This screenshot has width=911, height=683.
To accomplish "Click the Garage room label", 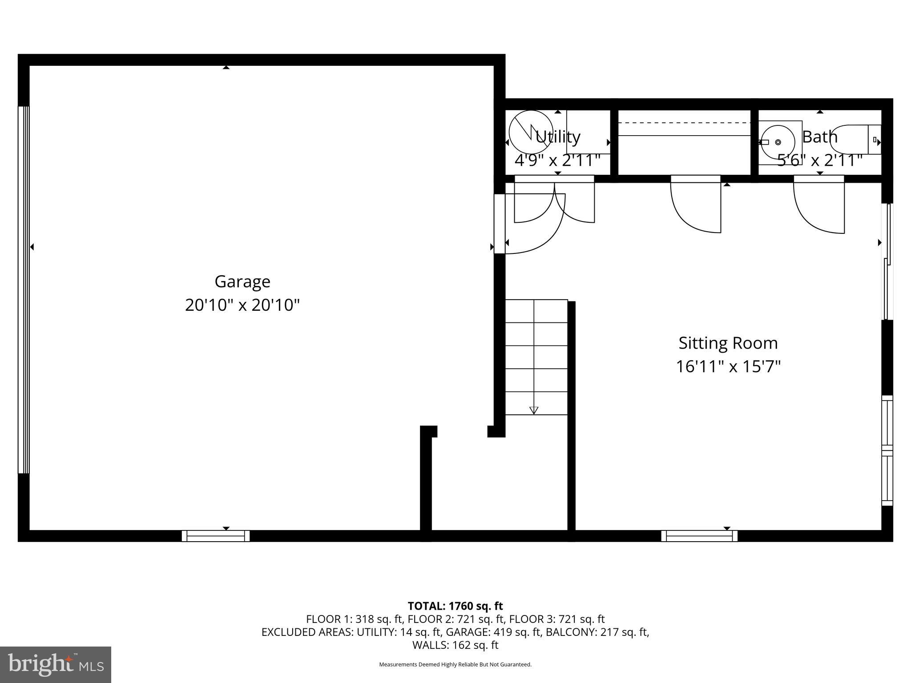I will (x=242, y=281).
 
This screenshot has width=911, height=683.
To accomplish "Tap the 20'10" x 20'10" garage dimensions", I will (x=242, y=305).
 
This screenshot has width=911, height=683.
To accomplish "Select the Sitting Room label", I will (x=728, y=343).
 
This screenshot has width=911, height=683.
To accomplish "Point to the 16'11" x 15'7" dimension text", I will (x=728, y=367).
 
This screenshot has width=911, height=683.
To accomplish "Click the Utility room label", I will (x=558, y=137).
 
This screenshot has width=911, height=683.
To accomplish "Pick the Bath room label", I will (x=820, y=137).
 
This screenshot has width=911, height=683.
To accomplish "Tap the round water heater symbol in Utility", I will (x=531, y=132).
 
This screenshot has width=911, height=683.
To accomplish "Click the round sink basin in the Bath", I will (x=777, y=142).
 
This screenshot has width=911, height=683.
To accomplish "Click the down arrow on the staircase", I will (x=534, y=410).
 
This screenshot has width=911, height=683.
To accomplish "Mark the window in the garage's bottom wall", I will (x=216, y=536).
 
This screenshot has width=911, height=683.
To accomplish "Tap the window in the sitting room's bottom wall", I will (x=699, y=536).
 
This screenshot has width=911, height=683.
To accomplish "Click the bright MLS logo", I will (x=56, y=665).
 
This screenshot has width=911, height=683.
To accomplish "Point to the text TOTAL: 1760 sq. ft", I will (x=455, y=606).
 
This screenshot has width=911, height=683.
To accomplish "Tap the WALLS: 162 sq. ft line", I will (x=455, y=645).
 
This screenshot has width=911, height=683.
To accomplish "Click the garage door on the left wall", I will (x=24, y=289).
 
